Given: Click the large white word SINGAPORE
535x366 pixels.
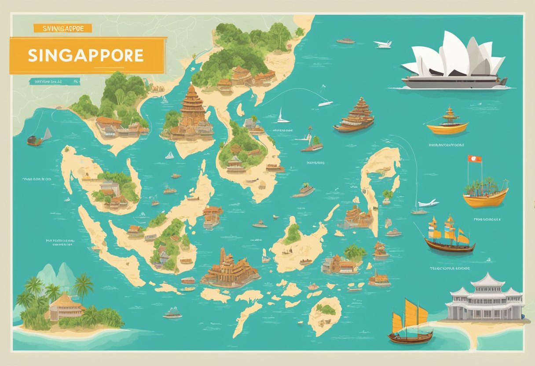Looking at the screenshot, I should [86, 55].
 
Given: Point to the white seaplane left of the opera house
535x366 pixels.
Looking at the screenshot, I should [382, 44].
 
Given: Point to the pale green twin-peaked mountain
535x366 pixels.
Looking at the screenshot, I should [57, 275].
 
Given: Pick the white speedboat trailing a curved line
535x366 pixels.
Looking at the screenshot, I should [325, 103].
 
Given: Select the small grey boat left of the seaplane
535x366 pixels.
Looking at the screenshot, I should [345, 41].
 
